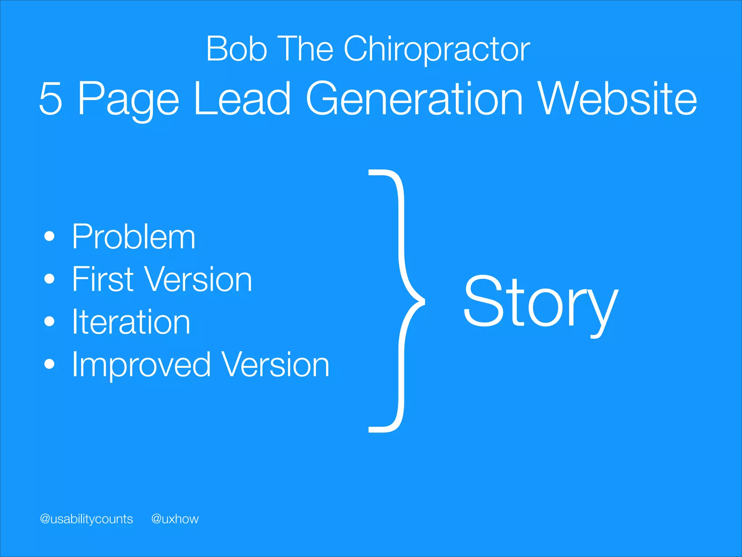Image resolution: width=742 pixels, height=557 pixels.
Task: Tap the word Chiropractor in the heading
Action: (437, 50)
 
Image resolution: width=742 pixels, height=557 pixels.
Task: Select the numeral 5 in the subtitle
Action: (51, 99)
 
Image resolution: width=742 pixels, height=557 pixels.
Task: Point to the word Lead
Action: (242, 99)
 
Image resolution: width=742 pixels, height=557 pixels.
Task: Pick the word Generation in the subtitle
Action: (414, 99)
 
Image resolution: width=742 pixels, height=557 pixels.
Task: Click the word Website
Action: (618, 99)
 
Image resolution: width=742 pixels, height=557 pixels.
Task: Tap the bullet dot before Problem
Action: (49, 237)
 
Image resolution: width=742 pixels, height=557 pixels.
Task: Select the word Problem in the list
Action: (133, 237)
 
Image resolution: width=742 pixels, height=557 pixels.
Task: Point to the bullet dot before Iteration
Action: (49, 322)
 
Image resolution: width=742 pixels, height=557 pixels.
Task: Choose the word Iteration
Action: (131, 322)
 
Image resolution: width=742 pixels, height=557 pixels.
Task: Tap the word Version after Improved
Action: (275, 364)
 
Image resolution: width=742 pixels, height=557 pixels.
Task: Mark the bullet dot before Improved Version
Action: (49, 364)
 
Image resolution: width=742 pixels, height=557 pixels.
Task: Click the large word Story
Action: (540, 302)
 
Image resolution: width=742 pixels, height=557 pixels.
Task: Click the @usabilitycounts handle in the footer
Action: (86, 519)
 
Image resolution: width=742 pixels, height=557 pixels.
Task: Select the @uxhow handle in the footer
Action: (175, 519)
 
